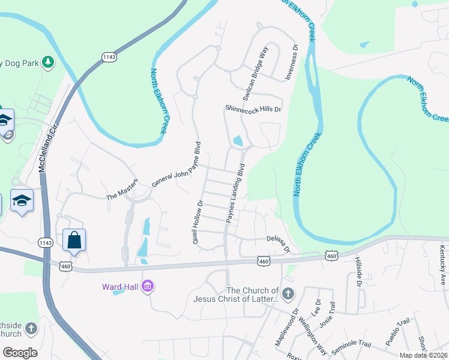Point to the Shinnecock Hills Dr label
(253, 109)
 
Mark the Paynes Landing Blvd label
(236, 193)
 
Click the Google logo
(20, 353)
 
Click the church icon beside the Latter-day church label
(288, 293)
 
